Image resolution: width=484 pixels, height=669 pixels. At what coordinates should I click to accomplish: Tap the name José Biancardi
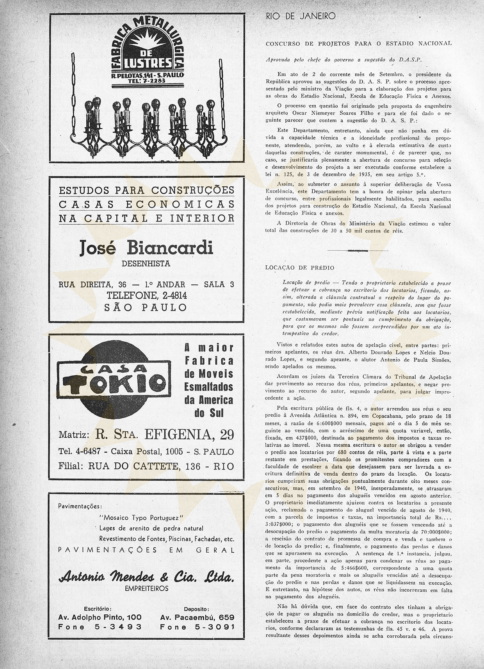tap(146, 248)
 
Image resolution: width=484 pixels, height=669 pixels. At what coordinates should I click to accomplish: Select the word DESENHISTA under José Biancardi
tap(146, 264)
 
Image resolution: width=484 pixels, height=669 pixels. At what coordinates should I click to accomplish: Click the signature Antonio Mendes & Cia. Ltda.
tap(146, 577)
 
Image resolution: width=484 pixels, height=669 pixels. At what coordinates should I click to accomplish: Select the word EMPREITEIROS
tap(146, 588)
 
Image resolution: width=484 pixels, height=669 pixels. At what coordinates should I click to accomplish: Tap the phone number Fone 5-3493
tap(100, 627)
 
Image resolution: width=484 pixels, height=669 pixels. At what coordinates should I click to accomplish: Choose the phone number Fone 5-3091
tap(197, 627)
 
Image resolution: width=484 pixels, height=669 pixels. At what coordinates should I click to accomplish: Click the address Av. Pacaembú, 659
tap(197, 617)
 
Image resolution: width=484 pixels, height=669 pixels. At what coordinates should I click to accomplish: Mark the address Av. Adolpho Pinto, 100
tap(100, 617)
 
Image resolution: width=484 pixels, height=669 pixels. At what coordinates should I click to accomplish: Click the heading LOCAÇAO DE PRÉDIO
tap(300, 268)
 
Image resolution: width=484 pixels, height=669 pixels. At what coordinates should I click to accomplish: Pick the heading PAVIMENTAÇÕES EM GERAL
tap(146, 550)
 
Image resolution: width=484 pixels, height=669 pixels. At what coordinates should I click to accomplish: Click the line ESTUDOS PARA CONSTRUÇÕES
tap(146, 190)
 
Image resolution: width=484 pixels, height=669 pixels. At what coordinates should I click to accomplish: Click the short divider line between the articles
tap(358, 250)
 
